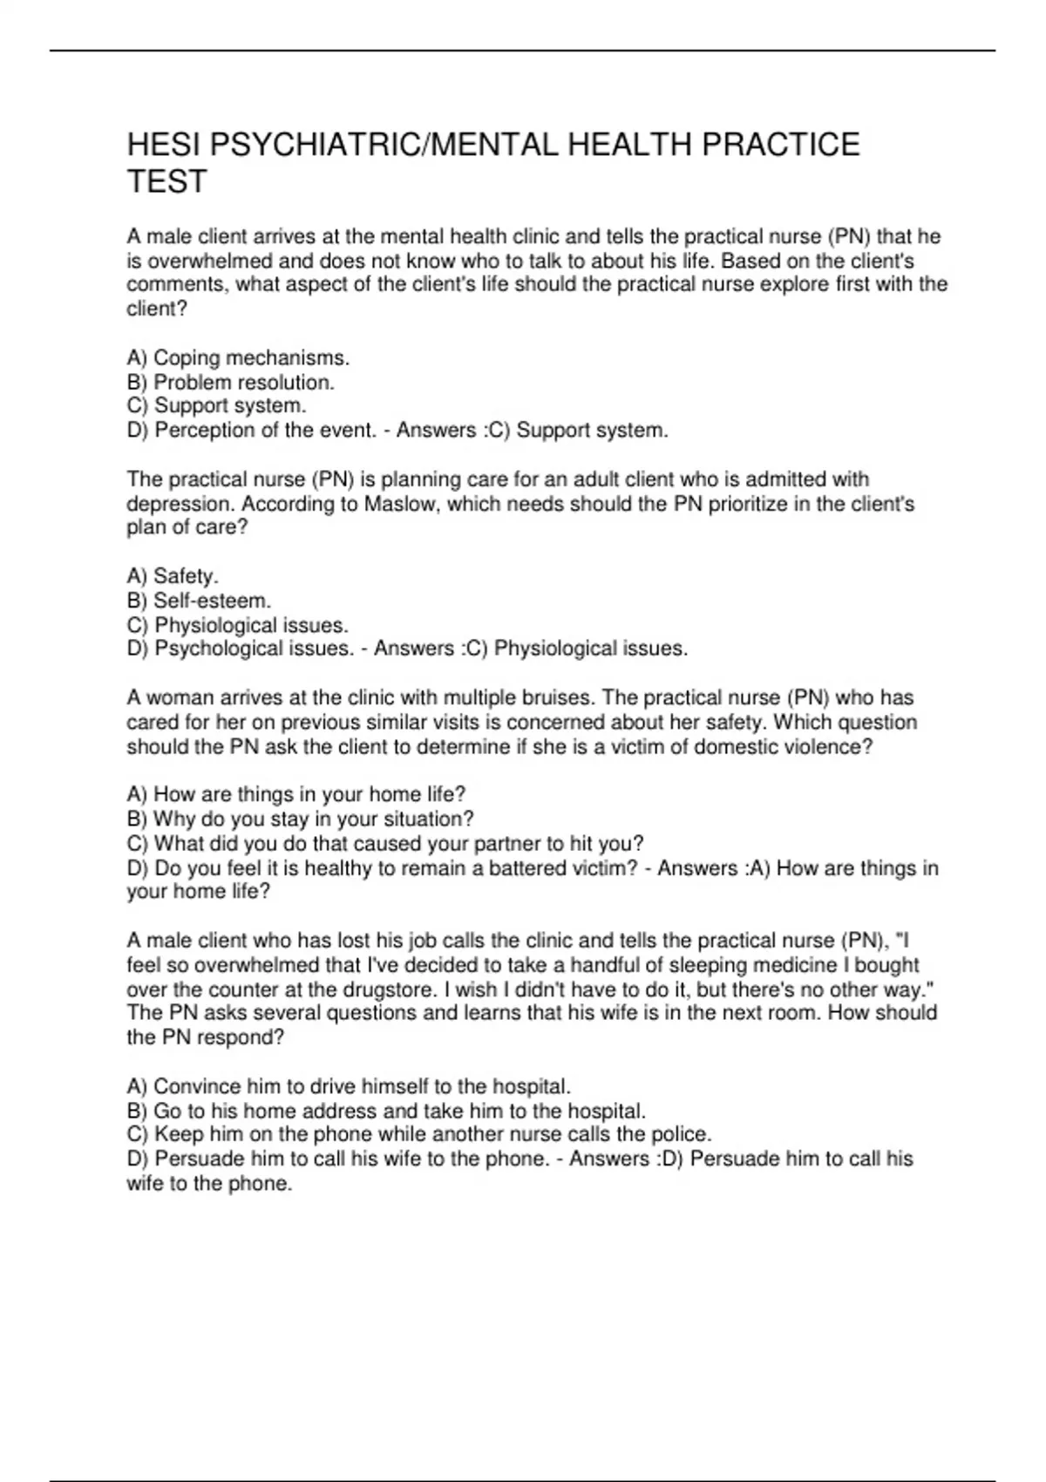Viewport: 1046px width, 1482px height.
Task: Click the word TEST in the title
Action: click(x=166, y=181)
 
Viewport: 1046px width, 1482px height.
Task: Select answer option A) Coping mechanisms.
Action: click(x=238, y=357)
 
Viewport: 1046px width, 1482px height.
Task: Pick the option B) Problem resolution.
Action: click(x=231, y=382)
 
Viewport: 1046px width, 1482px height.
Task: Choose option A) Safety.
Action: click(x=173, y=576)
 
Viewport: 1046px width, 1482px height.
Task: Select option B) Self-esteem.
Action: click(x=199, y=601)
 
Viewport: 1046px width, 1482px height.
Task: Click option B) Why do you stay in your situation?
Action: click(x=301, y=819)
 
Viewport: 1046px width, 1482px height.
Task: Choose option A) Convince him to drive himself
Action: click(x=349, y=1086)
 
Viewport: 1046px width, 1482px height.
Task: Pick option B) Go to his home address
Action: click(x=386, y=1111)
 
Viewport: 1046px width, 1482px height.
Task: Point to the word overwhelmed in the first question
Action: click(x=207, y=261)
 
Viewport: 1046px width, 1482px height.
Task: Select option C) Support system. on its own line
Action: click(x=216, y=405)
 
